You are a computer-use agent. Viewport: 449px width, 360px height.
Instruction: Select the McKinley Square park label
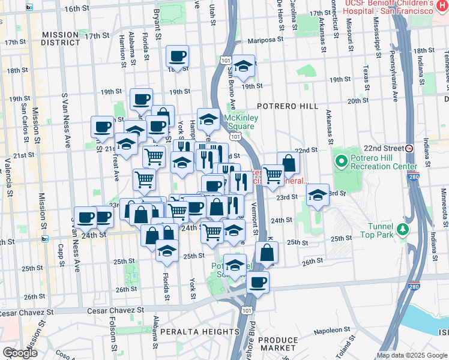pyautogui.click(x=241, y=122)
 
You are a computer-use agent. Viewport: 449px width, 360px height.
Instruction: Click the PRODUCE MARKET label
pyautogui.click(x=277, y=344)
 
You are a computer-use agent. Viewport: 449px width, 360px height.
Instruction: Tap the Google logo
pyautogui.click(x=19, y=353)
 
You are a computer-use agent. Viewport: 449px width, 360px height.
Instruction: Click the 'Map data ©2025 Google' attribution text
pyautogui.click(x=412, y=355)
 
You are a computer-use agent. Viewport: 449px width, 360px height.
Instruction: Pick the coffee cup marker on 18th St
pyautogui.click(x=177, y=56)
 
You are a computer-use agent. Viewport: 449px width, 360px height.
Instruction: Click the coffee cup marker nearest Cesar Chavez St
pyautogui.click(x=258, y=281)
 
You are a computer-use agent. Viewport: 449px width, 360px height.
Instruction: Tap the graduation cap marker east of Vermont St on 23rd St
pyautogui.click(x=318, y=194)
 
